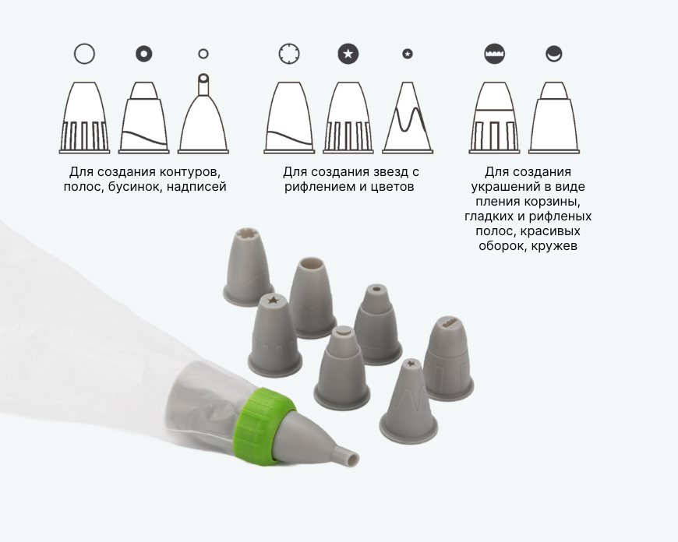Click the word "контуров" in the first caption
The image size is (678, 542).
pos(190,172)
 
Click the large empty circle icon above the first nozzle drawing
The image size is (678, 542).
pos(84,54)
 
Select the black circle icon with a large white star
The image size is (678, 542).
pos(348,54)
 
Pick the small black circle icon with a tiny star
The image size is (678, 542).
pos(408,54)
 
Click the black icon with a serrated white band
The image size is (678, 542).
pos(495,54)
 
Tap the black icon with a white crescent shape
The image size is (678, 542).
pos(554,54)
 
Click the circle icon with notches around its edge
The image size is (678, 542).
pos(289,54)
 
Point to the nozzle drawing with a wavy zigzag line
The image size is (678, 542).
pos(408,117)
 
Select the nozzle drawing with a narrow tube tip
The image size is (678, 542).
pos(203,114)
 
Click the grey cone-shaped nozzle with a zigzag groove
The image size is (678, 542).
pos(408,402)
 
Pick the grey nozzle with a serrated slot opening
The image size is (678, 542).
pos(448,358)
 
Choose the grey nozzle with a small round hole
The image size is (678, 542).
pos(377,324)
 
